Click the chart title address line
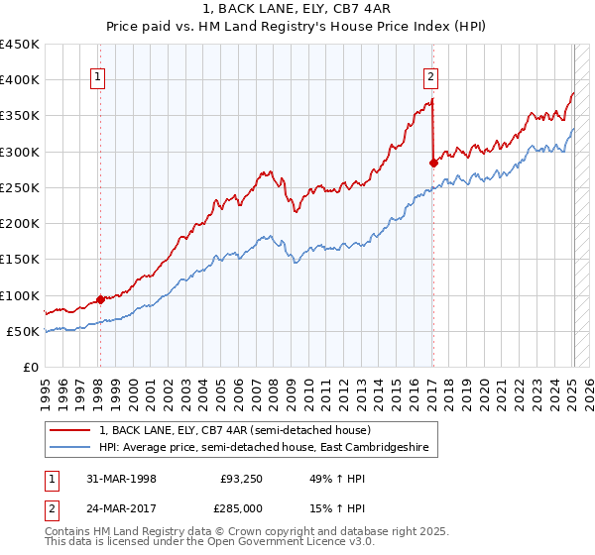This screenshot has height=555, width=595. tap(297, 9)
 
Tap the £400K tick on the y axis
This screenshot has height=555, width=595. tap(20, 80)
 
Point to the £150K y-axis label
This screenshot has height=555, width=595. tap(20, 260)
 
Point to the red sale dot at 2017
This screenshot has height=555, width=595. tap(433, 163)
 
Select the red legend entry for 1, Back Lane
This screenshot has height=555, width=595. tap(235, 430)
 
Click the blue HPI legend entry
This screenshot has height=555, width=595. tap(263, 448)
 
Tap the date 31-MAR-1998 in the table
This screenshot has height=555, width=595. tap(122, 479)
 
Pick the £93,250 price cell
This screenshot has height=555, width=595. tap(242, 479)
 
